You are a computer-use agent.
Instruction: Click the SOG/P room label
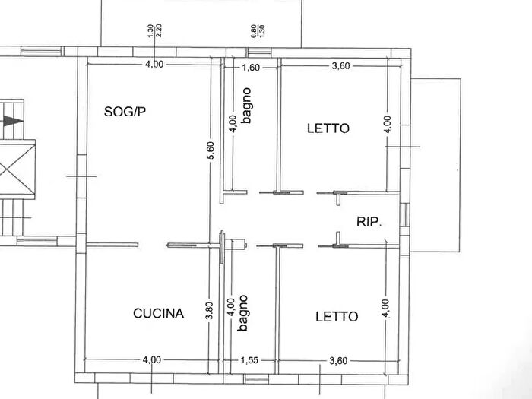[124, 112]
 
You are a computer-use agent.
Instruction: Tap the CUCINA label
[158, 312]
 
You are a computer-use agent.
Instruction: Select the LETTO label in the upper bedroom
[328, 128]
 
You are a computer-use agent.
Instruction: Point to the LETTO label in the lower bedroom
[337, 315]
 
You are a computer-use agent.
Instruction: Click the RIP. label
[369, 221]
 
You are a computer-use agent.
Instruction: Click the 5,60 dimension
[210, 150]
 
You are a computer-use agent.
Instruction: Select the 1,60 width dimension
[251, 67]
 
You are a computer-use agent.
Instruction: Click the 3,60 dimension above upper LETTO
[340, 66]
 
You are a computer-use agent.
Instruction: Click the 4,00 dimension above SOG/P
[154, 64]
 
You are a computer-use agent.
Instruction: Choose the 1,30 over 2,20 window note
[154, 30]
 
